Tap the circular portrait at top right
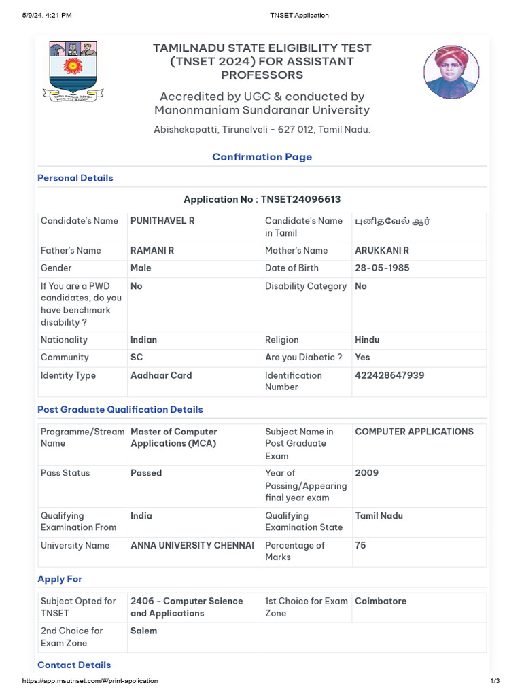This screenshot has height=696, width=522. click(x=451, y=72)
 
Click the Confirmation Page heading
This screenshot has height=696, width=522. click(x=262, y=157)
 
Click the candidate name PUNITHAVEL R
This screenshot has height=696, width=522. click(x=162, y=221)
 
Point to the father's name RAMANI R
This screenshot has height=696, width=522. click(x=152, y=250)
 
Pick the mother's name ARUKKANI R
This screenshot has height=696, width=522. click(x=382, y=250)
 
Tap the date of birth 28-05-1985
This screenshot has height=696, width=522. click(x=382, y=268)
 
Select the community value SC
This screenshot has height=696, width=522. click(x=137, y=357)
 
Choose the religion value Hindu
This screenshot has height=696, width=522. click(x=367, y=339)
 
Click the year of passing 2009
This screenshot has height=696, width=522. click(x=367, y=472)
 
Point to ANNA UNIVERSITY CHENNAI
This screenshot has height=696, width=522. click(x=192, y=545)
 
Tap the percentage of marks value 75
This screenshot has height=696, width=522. click(x=360, y=545)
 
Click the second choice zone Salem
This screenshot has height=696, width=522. click(x=143, y=631)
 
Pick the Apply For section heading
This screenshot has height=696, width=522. click(x=60, y=579)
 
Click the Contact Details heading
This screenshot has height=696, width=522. click(x=74, y=665)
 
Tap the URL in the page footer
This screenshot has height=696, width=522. click(x=90, y=680)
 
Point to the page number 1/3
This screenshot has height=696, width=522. click(x=495, y=680)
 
